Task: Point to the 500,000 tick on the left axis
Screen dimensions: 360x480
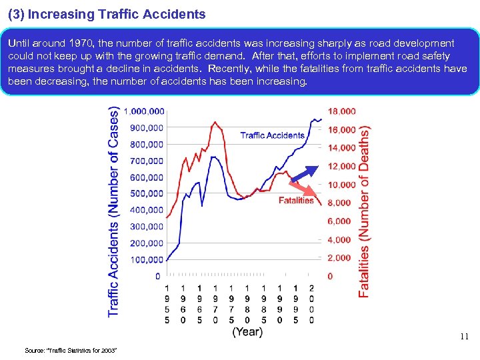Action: click(146, 193)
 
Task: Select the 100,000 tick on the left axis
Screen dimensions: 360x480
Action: click(146, 259)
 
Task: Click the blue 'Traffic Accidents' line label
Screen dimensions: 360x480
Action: click(272, 135)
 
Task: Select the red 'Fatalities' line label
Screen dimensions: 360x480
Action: click(296, 200)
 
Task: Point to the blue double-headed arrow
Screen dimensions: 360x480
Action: click(305, 173)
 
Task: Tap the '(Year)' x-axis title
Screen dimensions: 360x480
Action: click(247, 331)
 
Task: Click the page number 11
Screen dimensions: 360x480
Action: click(465, 337)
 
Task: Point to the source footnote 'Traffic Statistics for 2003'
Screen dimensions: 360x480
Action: click(71, 350)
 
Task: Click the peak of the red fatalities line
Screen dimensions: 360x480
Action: click(215, 121)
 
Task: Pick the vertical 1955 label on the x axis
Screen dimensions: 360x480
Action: click(167, 303)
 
